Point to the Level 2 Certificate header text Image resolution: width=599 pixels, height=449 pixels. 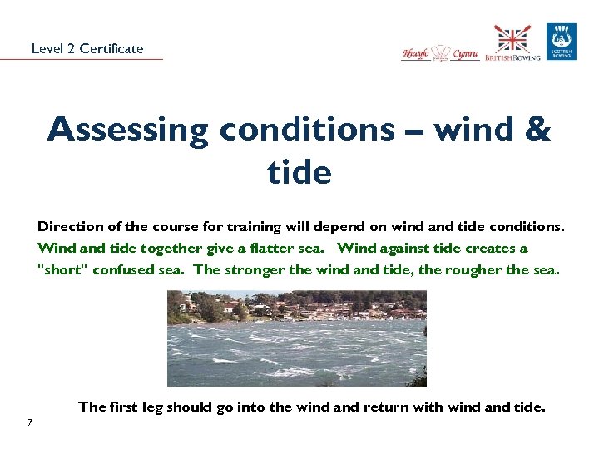click(x=87, y=48)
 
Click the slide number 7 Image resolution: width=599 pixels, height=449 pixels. click(x=29, y=422)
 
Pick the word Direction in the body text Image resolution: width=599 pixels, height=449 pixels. click(x=66, y=226)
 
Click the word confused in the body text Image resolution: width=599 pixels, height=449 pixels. click(x=123, y=270)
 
